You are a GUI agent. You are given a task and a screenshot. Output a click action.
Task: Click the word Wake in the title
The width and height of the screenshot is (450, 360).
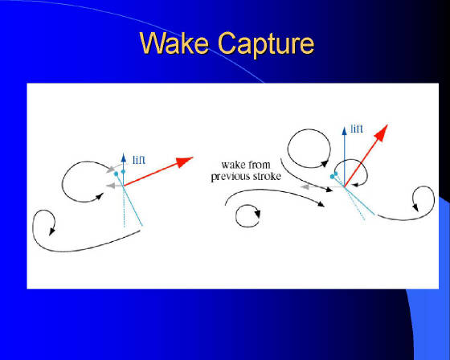tap(174, 43)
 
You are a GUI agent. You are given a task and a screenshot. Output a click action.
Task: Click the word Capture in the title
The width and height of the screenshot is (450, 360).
tap(266, 44)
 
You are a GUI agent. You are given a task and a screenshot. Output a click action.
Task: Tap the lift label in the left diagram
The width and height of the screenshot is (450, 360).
tap(139, 160)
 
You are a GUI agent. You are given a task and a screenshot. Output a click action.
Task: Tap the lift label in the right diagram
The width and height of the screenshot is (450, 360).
tap(357, 129)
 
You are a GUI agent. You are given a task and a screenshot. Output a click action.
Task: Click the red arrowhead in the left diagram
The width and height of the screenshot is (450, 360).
tap(184, 162)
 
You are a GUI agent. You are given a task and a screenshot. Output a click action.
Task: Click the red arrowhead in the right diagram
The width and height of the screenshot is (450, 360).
tap(382, 133)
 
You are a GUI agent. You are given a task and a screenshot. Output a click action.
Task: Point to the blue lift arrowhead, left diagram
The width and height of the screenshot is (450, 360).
tap(124, 157)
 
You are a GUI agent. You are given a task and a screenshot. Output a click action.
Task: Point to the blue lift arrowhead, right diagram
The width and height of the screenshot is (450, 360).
tap(345, 131)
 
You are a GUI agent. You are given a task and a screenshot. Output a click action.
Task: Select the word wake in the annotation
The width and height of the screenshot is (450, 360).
tap(231, 165)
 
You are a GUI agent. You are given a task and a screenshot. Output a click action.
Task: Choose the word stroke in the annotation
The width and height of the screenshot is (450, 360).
tap(266, 176)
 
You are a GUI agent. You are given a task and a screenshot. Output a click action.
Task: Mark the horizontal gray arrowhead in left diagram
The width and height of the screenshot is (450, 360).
tap(110, 186)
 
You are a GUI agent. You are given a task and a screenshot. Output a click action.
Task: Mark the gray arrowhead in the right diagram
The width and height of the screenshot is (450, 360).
tap(305, 187)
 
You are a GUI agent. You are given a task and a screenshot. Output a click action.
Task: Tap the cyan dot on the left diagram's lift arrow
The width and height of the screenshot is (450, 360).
tap(124, 172)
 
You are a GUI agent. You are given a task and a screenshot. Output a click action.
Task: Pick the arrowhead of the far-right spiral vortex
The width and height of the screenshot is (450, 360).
tap(415, 207)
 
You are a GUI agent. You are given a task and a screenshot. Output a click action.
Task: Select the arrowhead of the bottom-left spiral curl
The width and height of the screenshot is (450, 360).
tap(51, 231)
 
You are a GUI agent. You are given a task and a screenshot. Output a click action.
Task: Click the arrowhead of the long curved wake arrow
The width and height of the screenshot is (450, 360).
tap(321, 203)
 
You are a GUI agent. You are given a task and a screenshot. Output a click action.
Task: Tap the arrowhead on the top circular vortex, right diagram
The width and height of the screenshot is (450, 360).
tap(325, 163)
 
